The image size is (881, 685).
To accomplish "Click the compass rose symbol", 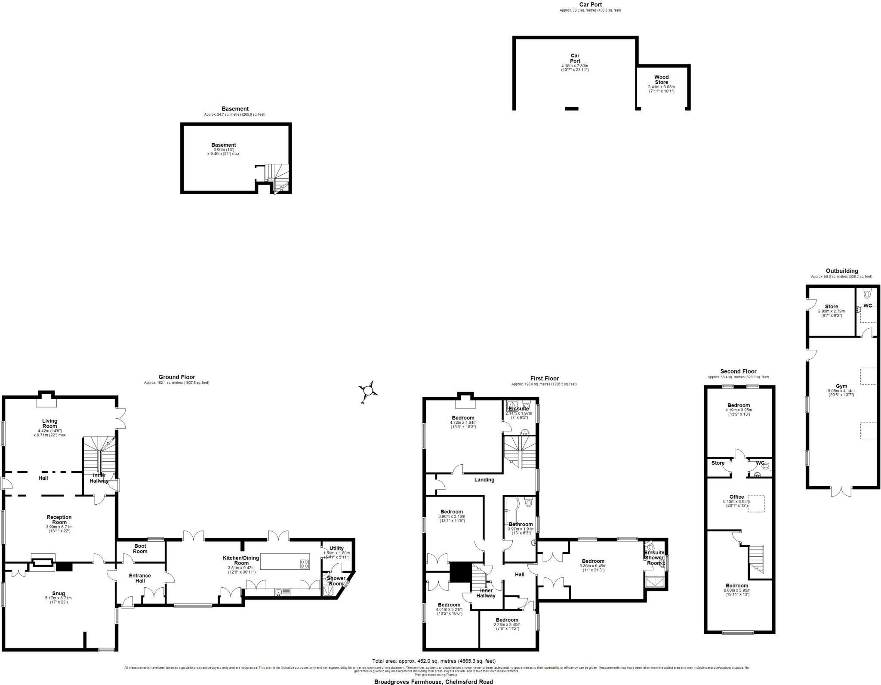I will (x=368, y=391).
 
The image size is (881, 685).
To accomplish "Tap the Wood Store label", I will (x=661, y=80).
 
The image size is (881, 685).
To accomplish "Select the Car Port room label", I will (x=575, y=58).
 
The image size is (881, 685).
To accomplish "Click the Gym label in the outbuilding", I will (x=841, y=386).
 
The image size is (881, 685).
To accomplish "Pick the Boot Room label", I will (x=140, y=549).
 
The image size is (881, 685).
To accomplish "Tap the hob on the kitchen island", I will (x=304, y=564).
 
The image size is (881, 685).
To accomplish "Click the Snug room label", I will (x=59, y=593).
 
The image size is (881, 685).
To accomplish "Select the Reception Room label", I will (x=59, y=520).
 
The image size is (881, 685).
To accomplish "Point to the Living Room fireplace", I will (x=46, y=401).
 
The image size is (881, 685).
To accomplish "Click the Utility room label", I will (x=336, y=548).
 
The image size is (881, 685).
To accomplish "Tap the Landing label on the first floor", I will (x=484, y=480).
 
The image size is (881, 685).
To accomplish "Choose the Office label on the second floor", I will (x=736, y=497).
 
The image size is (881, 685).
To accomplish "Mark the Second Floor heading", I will (x=738, y=371).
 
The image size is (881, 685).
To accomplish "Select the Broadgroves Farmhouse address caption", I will (x=434, y=682).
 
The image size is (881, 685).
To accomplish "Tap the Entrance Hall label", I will (x=140, y=578).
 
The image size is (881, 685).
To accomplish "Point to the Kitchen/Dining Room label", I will (x=241, y=560).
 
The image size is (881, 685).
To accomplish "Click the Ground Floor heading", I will (x=176, y=377).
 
